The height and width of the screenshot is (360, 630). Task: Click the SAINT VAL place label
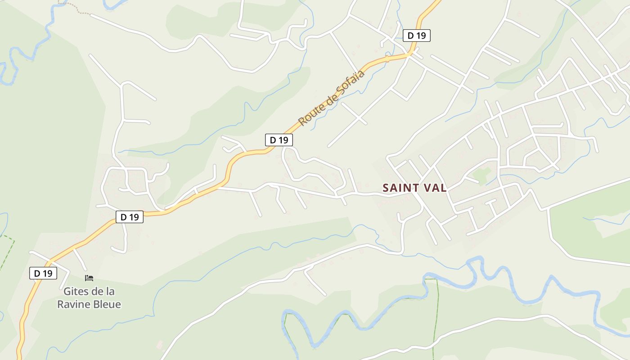click(x=414, y=188)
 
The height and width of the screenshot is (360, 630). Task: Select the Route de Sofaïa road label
click(x=331, y=98)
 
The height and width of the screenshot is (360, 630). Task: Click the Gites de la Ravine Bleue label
click(x=89, y=297)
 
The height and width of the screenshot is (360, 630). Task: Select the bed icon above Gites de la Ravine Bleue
click(x=89, y=278)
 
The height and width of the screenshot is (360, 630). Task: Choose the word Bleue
click(x=107, y=304)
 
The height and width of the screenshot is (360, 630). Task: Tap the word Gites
click(x=76, y=291)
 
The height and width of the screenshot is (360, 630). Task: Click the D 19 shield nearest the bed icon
click(x=43, y=273)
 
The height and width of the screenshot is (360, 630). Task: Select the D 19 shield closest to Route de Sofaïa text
click(x=279, y=140)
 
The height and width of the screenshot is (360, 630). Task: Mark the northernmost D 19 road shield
click(x=416, y=36)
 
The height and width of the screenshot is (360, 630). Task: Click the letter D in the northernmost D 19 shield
click(x=410, y=36)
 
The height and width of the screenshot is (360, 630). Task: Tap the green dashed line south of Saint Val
click(x=435, y=315)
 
